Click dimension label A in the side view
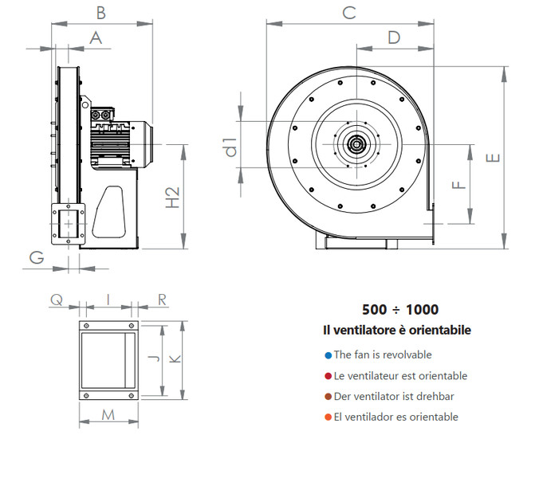96,37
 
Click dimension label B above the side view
100,12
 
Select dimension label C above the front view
348,12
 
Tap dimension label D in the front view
394,37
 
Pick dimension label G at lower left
36,257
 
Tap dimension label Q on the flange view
56,299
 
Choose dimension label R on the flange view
162,299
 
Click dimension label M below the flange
108,414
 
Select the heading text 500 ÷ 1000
400,310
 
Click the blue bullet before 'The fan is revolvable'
328,355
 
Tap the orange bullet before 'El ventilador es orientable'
328,417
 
